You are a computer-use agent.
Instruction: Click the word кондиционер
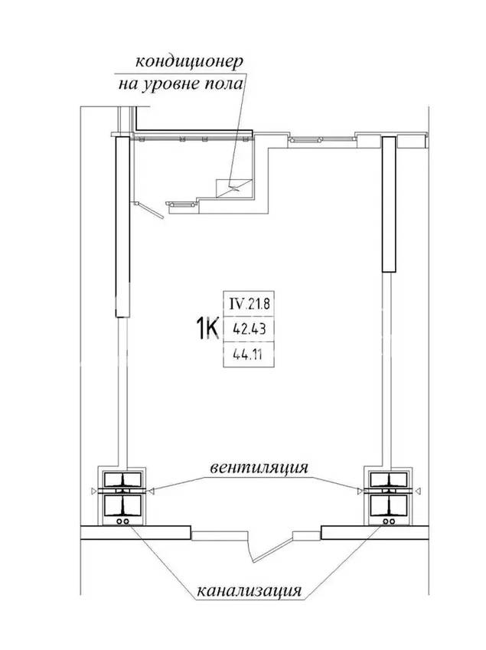189,62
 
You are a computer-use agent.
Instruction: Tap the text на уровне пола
181,84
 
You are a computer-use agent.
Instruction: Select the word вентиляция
259,468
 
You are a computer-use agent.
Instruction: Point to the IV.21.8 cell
249,304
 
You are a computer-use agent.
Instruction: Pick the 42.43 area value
249,329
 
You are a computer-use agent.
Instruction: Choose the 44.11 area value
248,354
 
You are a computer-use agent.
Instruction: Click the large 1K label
207,328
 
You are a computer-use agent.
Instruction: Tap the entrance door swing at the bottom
272,548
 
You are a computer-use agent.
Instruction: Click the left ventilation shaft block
122,495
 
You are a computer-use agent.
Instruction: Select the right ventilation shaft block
388,495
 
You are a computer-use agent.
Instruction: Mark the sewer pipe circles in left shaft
123,521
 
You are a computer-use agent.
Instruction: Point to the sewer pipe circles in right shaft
389,521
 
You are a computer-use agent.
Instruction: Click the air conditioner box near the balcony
234,188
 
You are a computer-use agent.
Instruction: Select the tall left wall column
122,227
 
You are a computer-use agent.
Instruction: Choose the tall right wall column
389,204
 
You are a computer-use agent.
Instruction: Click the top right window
307,139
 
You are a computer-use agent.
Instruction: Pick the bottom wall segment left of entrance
135,533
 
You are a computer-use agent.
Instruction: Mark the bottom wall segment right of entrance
375,533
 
